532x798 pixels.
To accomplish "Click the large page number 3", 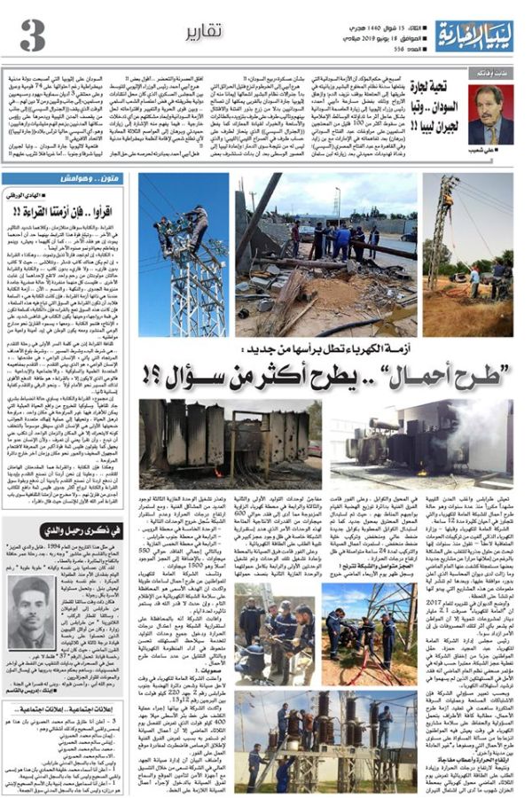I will point(32,35).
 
